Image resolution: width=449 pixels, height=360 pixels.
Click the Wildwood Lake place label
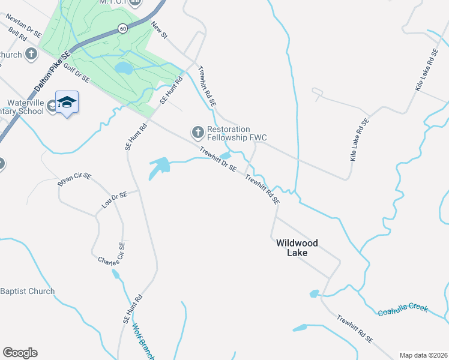297,248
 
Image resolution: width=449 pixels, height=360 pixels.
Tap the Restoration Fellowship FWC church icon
197,131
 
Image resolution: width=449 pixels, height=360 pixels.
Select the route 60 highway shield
122,28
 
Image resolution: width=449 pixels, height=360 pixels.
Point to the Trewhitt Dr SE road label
218,160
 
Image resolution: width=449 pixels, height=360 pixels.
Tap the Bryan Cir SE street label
74,179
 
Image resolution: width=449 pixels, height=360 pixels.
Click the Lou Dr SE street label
114,200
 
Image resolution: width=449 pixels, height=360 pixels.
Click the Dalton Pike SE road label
52,71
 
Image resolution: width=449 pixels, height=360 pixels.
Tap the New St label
159,31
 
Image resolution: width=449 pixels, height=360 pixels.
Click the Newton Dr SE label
23,26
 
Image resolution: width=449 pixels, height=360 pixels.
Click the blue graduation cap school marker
67,103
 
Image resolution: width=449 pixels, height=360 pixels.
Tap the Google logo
20,352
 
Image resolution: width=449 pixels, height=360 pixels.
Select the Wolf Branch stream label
143,343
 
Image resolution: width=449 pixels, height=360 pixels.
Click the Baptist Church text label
27,291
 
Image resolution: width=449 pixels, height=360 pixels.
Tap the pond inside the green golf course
124,68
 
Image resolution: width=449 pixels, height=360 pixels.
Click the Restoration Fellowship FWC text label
237,133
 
